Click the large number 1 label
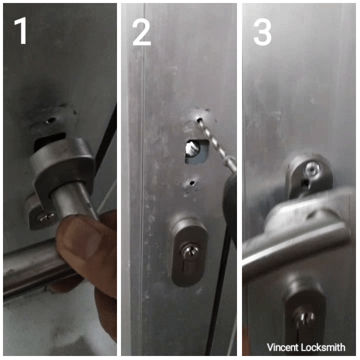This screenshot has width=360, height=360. click(x=20, y=31)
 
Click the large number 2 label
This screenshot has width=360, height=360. click(x=141, y=32)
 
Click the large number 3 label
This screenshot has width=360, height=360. click(x=262, y=32)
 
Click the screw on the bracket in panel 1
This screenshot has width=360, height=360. click(x=46, y=216)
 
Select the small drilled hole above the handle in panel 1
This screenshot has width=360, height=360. click(x=50, y=120)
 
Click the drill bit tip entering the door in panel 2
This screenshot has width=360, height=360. click(x=199, y=119)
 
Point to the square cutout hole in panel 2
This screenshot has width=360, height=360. click(x=197, y=152)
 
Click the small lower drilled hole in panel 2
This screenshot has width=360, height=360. click(x=191, y=183)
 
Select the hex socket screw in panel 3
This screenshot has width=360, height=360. click(x=312, y=170)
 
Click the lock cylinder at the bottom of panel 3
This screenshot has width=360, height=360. click(x=303, y=319)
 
